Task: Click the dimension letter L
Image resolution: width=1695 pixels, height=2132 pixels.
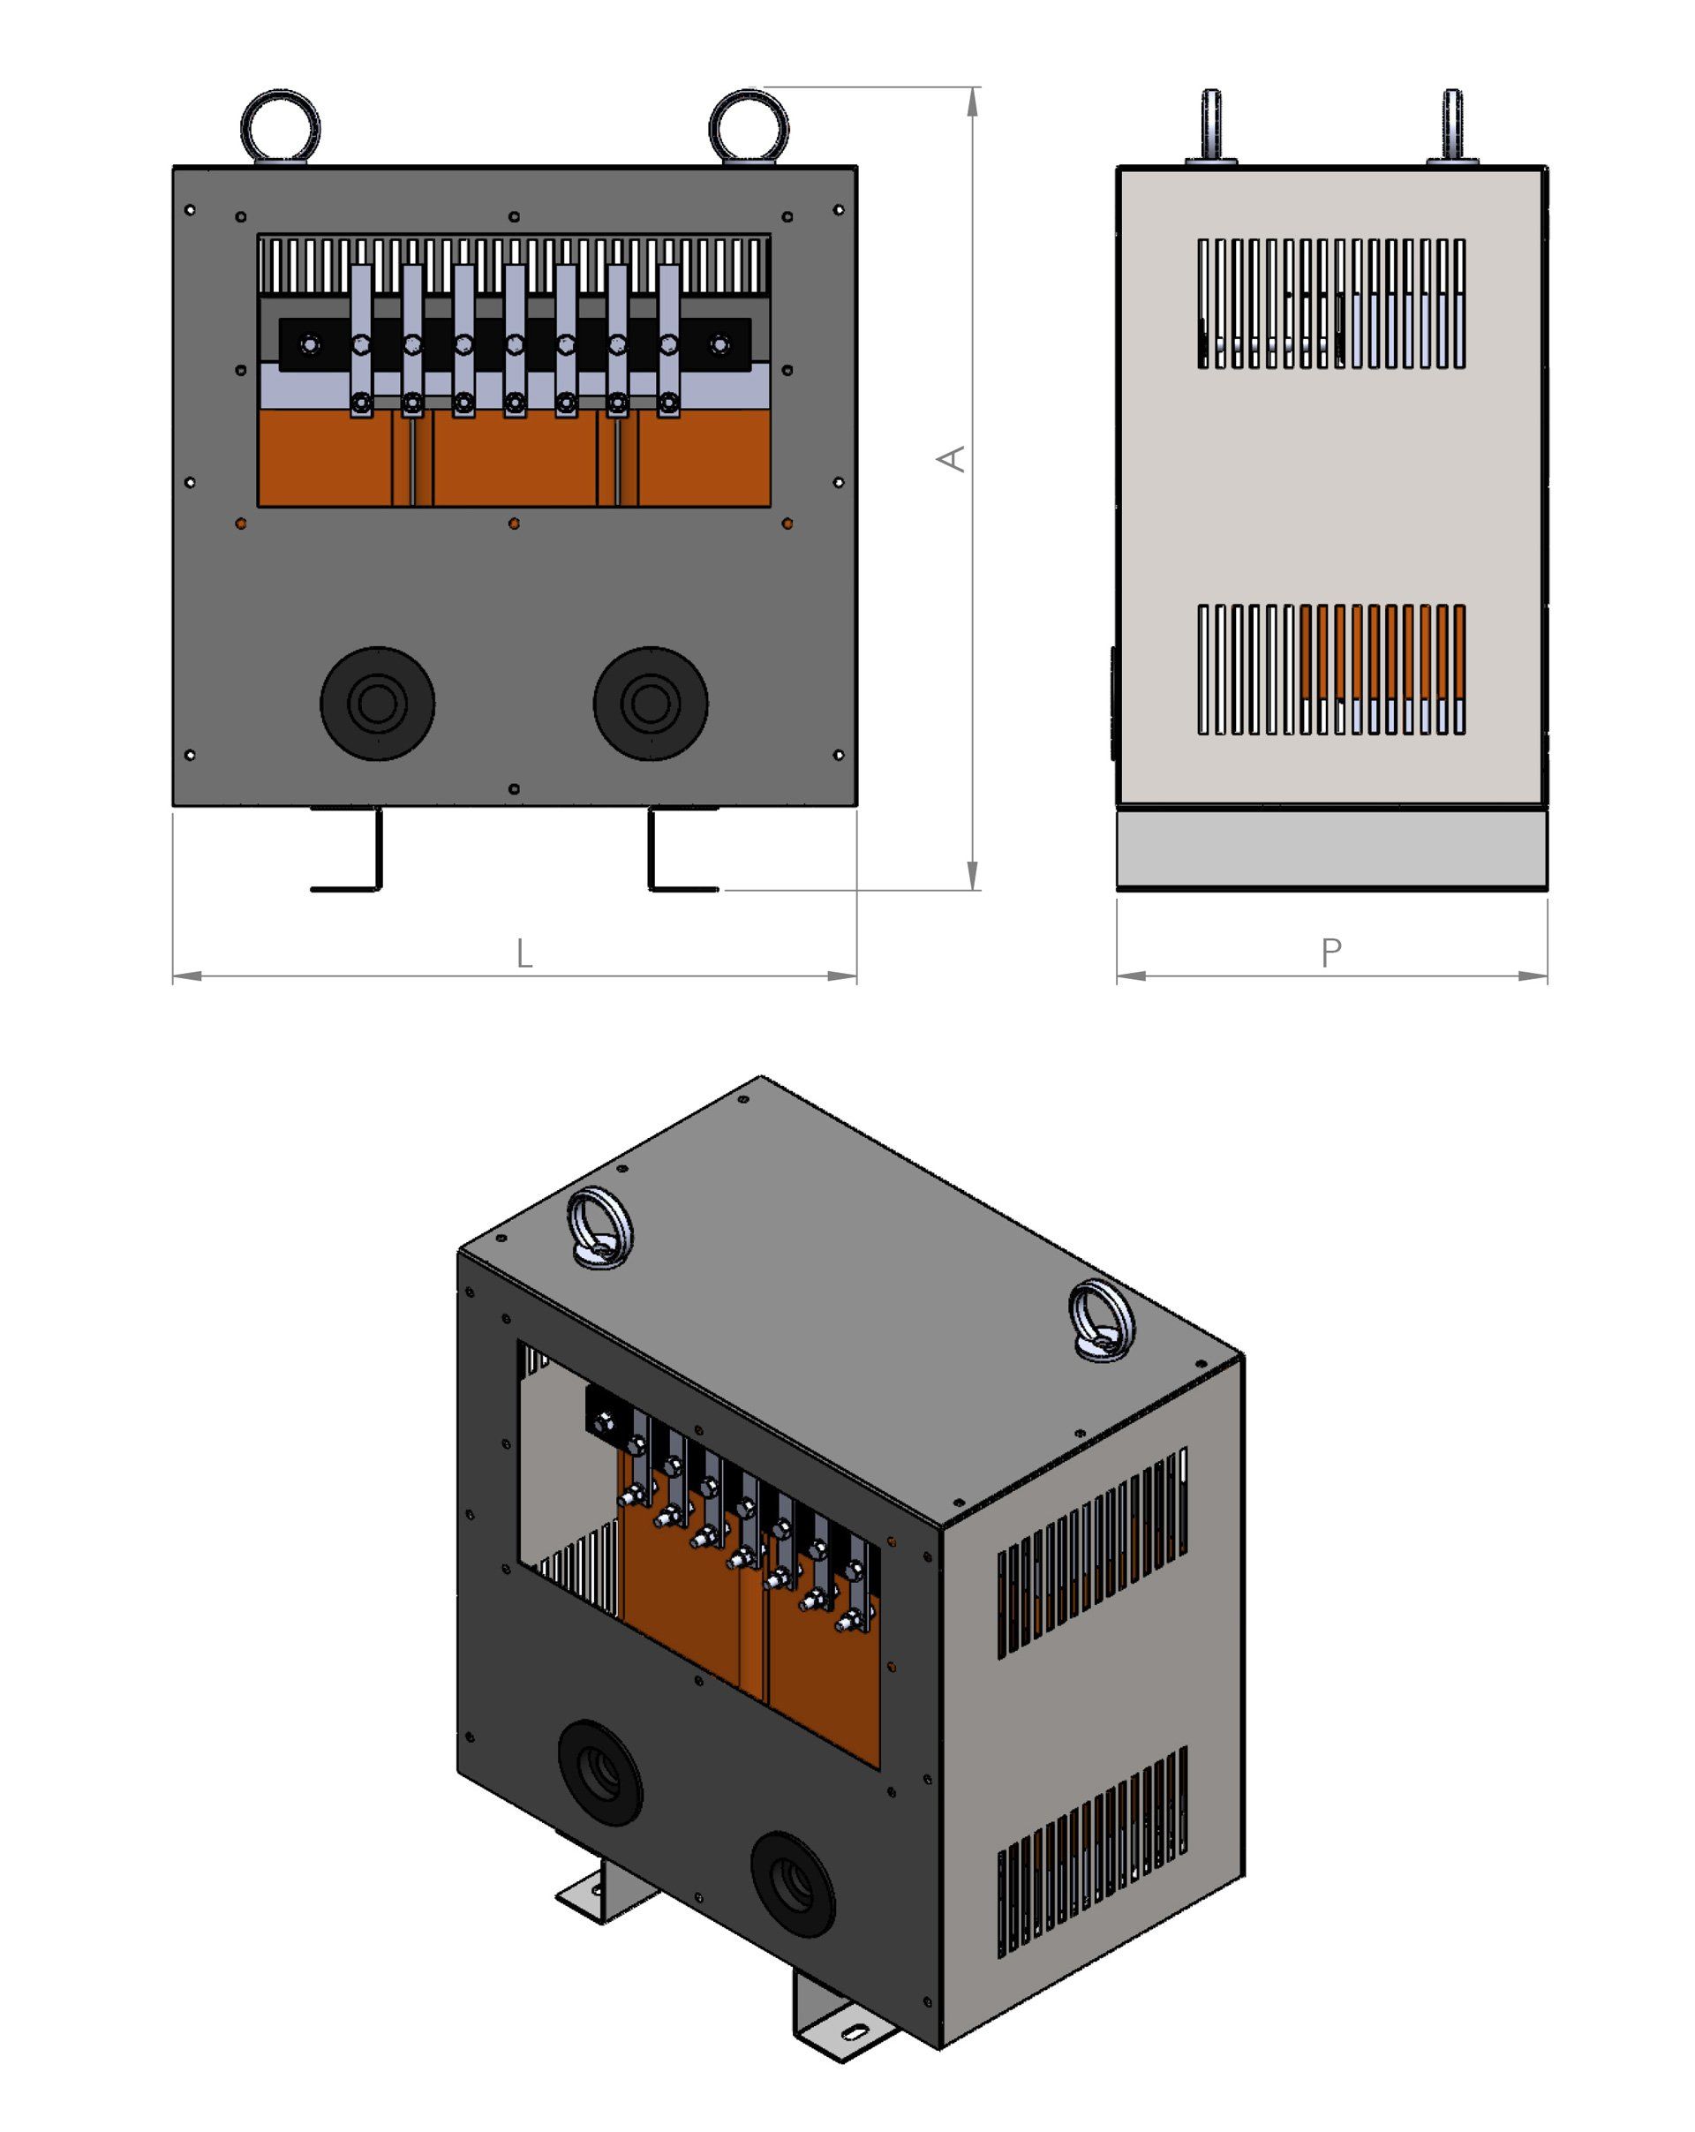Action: coord(524,954)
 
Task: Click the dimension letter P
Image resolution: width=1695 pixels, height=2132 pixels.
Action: coord(1331,953)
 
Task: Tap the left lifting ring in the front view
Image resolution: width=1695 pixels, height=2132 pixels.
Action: coord(280,126)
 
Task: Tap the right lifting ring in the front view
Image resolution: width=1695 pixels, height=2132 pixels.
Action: coord(749,126)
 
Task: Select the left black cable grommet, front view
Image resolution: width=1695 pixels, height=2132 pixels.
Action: coord(377,703)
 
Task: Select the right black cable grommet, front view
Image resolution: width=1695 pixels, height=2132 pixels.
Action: coord(650,703)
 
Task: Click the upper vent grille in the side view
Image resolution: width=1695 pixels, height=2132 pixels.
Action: coord(1331,304)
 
